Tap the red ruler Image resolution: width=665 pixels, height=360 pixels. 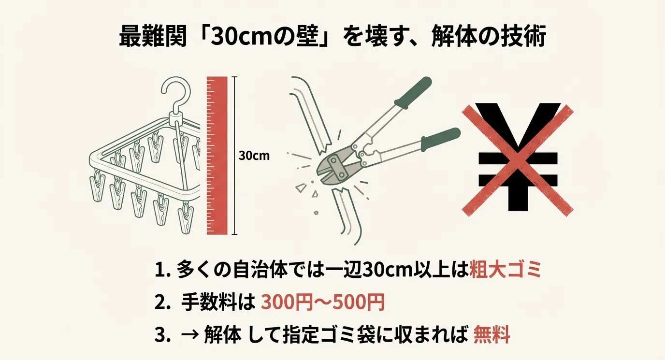(x=217, y=156)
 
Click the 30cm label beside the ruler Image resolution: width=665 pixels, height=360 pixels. (x=254, y=156)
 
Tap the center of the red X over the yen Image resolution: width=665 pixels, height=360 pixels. (x=518, y=160)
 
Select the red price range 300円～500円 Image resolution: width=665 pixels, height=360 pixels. (x=323, y=302)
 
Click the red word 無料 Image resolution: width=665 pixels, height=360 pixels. (x=492, y=334)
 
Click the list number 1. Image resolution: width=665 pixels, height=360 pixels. (x=162, y=270)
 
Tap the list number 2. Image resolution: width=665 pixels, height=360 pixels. (x=162, y=302)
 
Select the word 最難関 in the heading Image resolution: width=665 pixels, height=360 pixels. (x=153, y=37)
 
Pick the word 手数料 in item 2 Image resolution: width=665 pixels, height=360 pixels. (x=209, y=302)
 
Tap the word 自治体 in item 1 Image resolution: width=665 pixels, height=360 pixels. (x=260, y=270)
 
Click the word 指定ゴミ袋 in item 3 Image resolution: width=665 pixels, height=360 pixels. (x=329, y=334)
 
